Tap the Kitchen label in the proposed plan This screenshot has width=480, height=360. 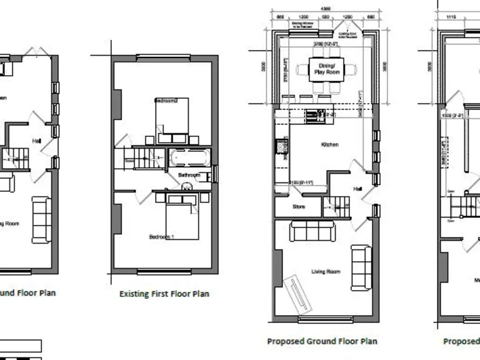pos(329,144)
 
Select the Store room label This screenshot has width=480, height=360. pos(299,207)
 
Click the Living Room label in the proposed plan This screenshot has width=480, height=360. pos(326,271)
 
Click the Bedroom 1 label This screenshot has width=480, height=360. pos(162,237)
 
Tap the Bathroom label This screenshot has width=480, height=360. pos(189,176)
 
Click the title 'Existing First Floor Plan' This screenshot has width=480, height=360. pos(164,294)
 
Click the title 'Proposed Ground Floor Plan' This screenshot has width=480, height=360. pos(322,341)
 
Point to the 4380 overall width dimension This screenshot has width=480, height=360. pos(326,9)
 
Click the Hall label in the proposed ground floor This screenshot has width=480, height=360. pos(358,187)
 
